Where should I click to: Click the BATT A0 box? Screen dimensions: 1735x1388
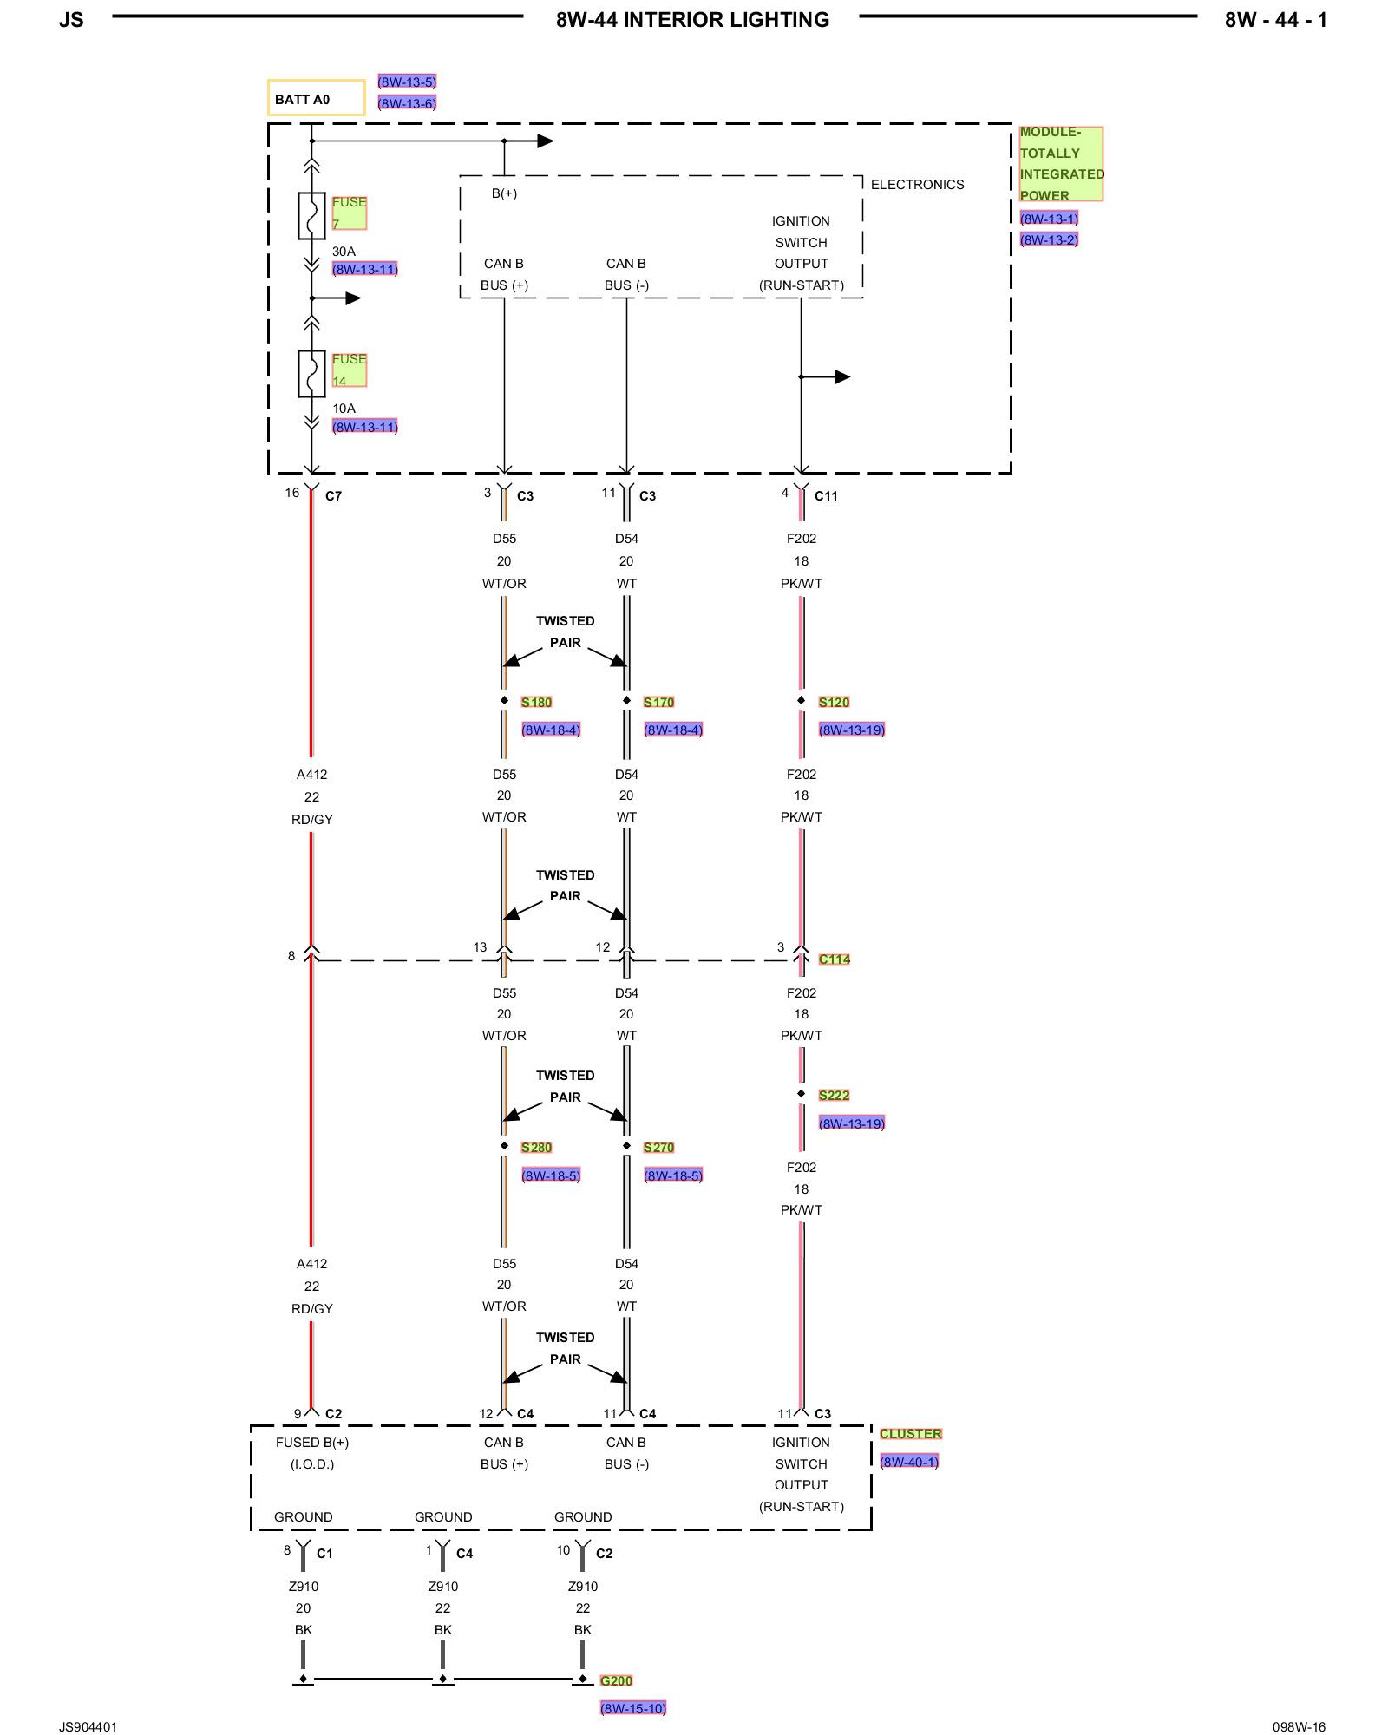coord(316,98)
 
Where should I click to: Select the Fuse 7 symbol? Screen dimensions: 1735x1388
coord(311,215)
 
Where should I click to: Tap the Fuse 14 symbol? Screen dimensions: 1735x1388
coord(311,373)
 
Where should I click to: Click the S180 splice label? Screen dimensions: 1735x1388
coord(536,702)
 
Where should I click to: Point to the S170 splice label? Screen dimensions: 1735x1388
coord(658,702)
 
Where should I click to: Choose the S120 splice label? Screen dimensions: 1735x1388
coord(834,702)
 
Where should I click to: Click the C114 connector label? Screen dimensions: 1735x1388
coord(835,959)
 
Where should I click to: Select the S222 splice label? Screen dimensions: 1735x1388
coord(834,1095)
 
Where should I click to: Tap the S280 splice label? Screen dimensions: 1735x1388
coord(536,1147)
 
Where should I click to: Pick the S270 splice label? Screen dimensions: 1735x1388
coord(658,1147)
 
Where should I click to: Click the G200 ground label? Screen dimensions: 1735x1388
coord(616,1680)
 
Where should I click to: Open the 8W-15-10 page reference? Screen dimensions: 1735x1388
coord(633,1708)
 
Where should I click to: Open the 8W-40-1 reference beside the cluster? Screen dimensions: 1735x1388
coord(909,1462)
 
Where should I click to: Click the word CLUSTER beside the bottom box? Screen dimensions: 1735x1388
coord(911,1434)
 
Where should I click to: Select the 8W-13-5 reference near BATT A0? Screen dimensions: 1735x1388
coord(407,82)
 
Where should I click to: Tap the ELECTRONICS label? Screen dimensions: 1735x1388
coord(917,185)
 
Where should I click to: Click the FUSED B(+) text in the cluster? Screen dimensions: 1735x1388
coord(312,1443)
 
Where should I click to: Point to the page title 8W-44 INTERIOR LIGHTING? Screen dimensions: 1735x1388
coord(692,20)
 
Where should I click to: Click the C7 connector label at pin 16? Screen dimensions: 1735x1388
coord(333,496)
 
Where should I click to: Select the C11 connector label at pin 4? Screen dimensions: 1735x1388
coord(826,496)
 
